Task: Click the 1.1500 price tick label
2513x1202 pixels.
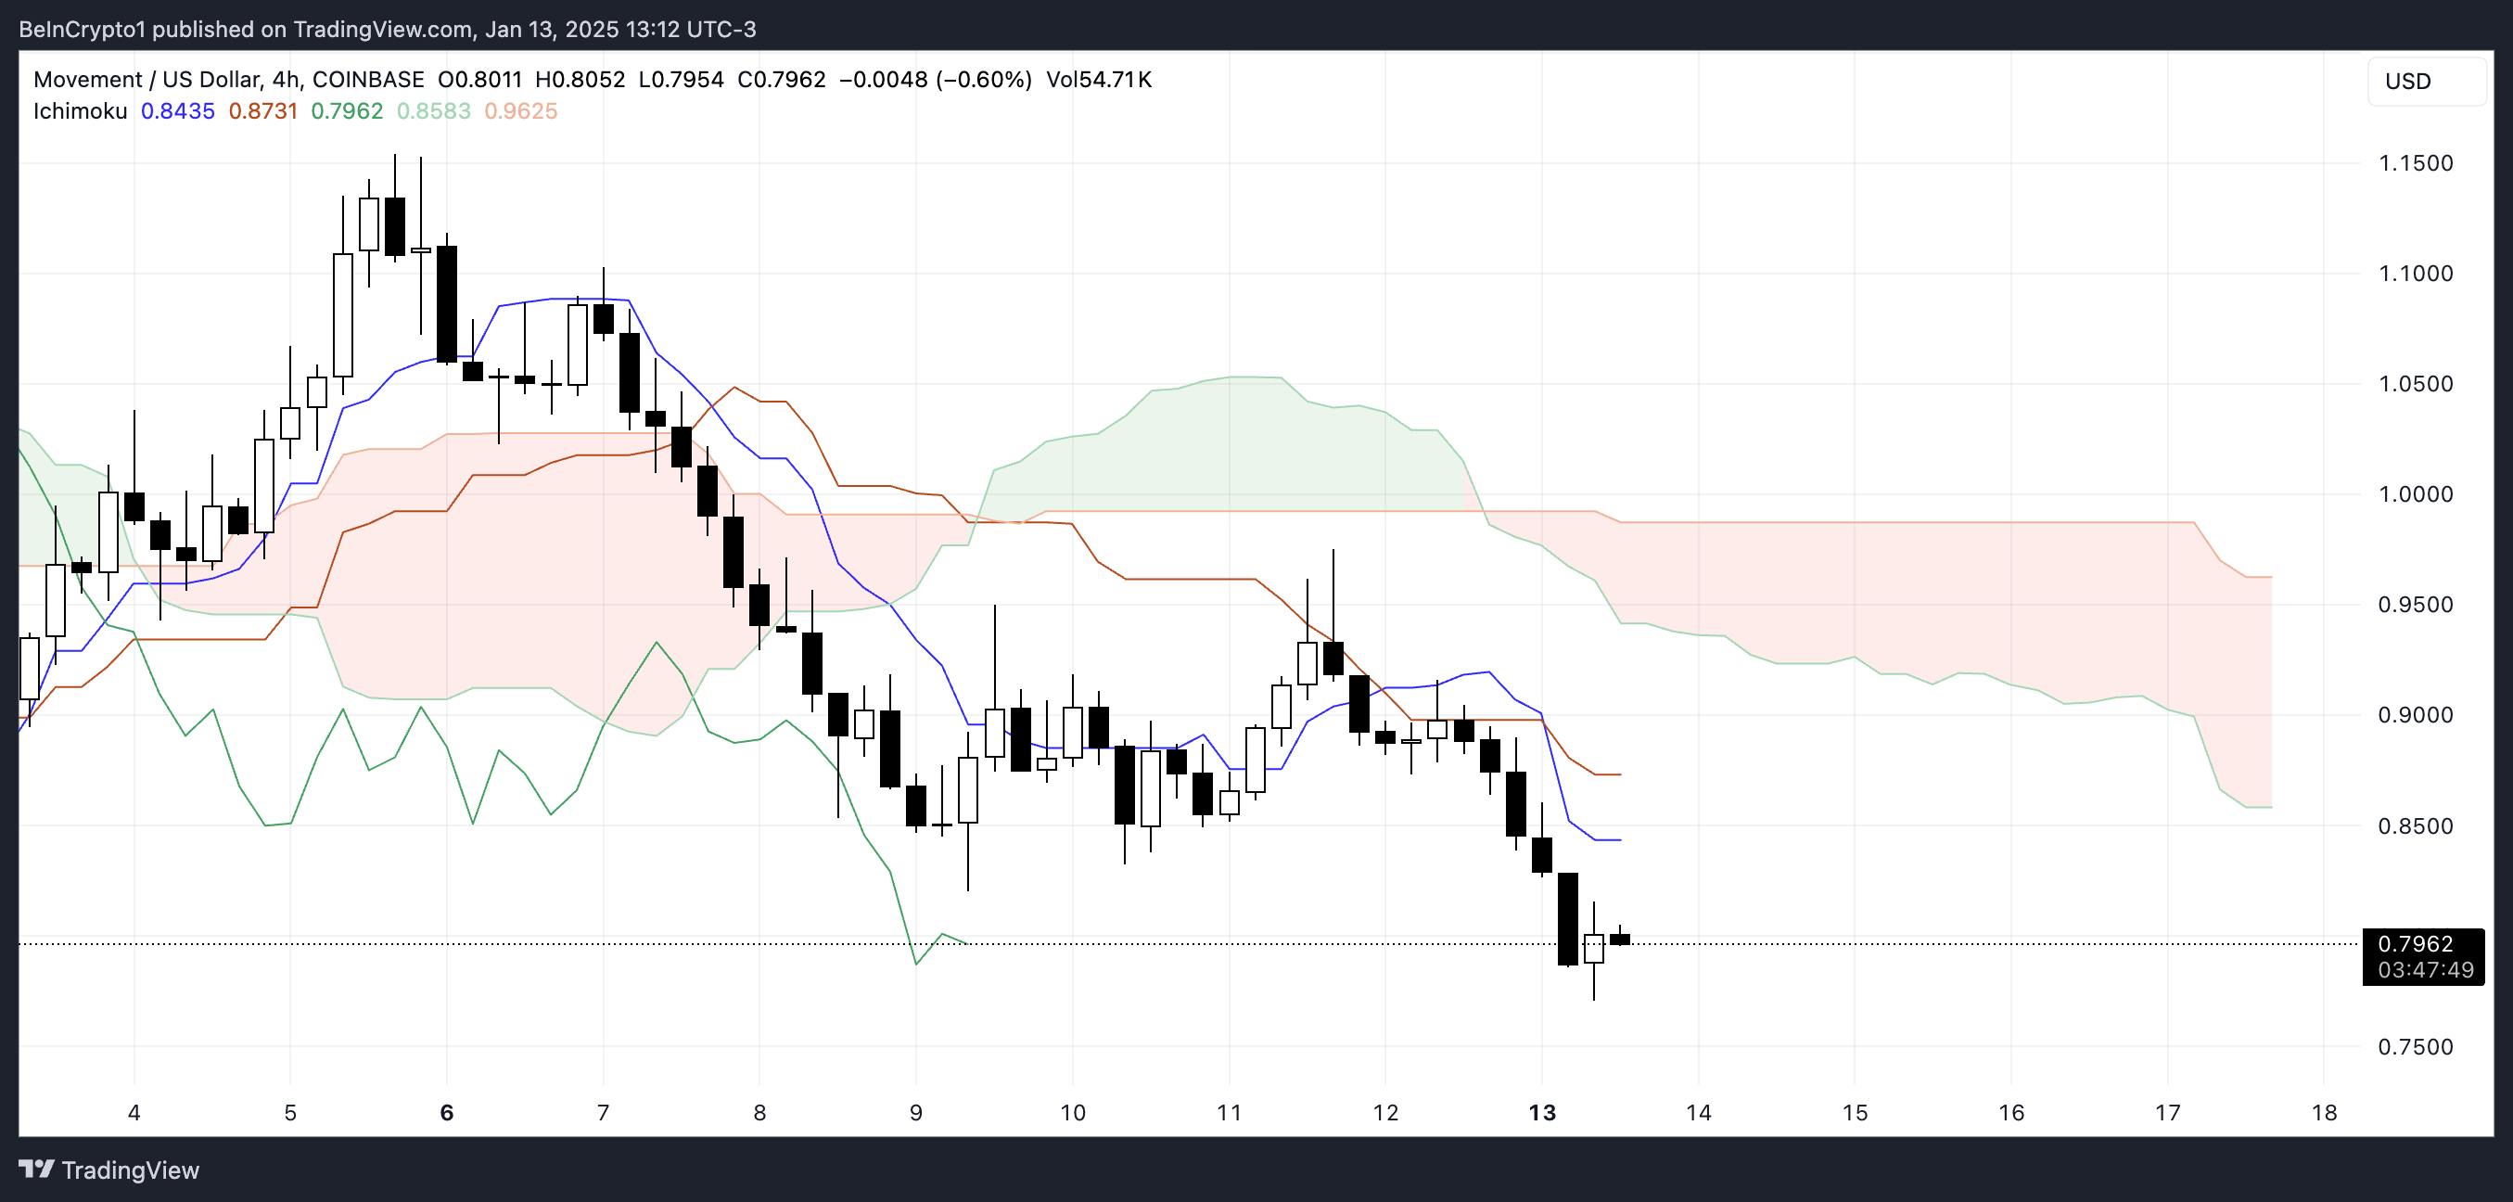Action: point(2415,163)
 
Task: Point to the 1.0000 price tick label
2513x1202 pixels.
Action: point(2415,493)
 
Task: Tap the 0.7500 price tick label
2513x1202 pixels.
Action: point(2415,1047)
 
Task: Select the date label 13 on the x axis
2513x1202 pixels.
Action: point(1541,1112)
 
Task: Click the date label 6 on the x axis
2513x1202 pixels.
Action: point(447,1112)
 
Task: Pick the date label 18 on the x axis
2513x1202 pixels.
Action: point(2324,1112)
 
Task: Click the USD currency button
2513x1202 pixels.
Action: point(2406,81)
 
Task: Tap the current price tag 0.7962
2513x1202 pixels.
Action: point(2415,943)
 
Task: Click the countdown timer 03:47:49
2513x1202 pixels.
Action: point(2425,970)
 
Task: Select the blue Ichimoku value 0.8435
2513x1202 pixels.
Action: point(177,111)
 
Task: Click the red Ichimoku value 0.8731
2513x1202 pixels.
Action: point(263,111)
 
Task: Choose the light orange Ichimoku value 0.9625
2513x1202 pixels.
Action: point(521,111)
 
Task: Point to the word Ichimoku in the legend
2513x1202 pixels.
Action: point(80,111)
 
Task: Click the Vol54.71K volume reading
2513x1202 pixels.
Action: point(1099,79)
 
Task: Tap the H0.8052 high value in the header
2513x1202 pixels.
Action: point(580,79)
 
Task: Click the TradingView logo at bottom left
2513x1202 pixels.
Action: point(108,1170)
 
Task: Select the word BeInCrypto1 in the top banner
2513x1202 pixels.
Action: point(82,30)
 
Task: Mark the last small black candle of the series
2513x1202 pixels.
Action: point(1619,939)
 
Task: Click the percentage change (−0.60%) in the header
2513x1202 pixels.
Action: point(983,79)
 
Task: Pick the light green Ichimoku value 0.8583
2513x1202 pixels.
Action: point(433,111)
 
